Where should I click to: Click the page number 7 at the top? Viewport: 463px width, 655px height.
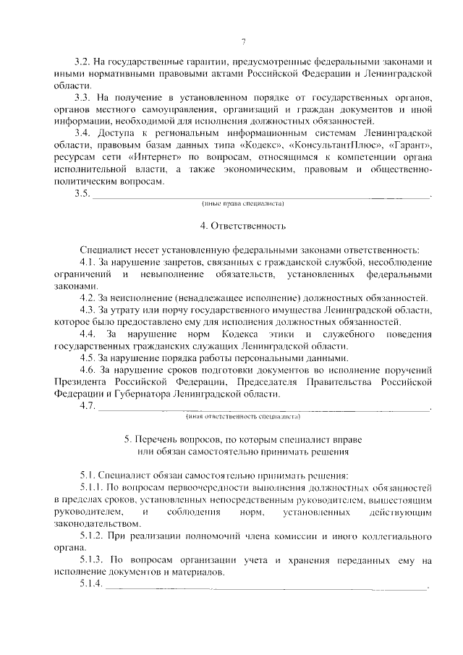244,41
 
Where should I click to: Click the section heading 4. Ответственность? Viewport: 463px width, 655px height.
244,226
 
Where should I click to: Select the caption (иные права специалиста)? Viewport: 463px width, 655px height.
244,203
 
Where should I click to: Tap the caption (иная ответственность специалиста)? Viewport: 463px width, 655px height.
244,417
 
